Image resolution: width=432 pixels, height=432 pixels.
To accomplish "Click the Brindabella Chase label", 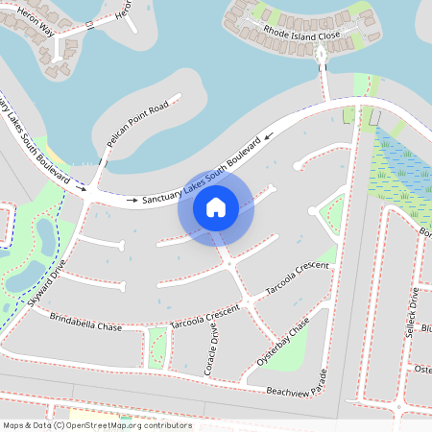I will click(x=85, y=322).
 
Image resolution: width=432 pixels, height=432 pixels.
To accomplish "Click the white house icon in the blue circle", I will click(x=216, y=206).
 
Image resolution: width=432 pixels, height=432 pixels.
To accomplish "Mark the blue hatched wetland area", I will click(x=398, y=168).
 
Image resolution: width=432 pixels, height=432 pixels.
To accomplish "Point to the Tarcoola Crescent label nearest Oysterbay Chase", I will click(x=298, y=277).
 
